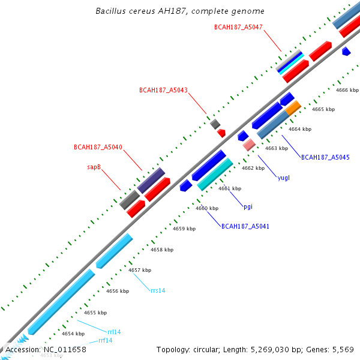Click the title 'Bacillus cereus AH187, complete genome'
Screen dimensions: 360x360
coord(180,11)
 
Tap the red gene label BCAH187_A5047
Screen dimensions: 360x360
coord(238,27)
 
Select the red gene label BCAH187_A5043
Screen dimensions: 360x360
coord(163,91)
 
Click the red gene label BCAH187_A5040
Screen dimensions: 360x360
coord(98,147)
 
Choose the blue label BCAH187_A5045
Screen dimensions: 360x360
coord(325,157)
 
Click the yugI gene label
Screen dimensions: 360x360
coord(284,178)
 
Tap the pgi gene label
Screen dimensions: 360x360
coord(248,206)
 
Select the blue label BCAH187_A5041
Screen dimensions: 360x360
coord(245,226)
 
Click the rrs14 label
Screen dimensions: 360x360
coord(158,290)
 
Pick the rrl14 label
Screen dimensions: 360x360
coord(114,331)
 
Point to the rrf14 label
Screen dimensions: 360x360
coord(105,341)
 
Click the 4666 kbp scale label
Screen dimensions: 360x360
coord(347,90)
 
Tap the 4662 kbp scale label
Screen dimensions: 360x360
coord(253,169)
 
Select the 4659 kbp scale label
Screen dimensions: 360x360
coord(184,229)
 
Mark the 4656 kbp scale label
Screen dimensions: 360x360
coord(118,291)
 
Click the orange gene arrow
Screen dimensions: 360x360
coord(293,108)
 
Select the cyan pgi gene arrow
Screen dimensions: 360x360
coord(214,175)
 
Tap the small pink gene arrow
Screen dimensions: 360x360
coord(249,145)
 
